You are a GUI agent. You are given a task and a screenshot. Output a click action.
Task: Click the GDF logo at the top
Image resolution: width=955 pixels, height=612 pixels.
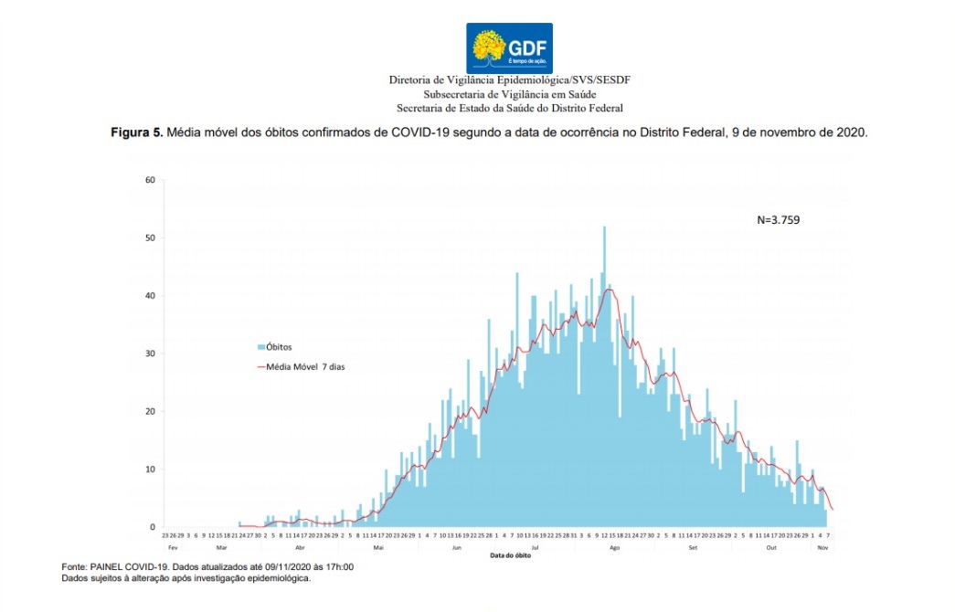coord(509,47)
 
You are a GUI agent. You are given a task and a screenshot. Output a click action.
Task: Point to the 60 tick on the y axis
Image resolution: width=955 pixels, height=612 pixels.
coord(150,179)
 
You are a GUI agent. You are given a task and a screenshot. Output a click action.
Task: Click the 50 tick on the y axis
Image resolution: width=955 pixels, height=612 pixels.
coord(150,237)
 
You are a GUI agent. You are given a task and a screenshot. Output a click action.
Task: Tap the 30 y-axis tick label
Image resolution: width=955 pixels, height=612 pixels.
coord(150,353)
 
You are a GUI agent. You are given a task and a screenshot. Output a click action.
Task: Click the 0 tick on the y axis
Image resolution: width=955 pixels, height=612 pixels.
coord(153,527)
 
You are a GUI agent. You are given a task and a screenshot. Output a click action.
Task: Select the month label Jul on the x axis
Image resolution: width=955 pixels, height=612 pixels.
coord(535,547)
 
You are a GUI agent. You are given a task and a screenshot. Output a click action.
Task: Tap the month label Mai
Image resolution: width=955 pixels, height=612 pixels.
coord(377,547)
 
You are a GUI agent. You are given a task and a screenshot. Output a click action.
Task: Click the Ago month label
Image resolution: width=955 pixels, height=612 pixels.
coord(614,547)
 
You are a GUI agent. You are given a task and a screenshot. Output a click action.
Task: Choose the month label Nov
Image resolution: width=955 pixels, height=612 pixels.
coord(822,547)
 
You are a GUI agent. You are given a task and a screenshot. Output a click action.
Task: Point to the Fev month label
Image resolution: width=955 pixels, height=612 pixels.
coord(172,547)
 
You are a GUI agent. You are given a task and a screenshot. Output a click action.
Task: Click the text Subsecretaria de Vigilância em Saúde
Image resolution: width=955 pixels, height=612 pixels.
coord(509,94)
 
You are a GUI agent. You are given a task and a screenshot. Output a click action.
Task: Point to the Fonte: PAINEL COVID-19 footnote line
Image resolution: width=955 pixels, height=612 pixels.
coord(207,567)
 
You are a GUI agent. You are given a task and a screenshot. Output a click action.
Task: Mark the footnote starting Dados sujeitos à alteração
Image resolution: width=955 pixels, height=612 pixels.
coord(186,578)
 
